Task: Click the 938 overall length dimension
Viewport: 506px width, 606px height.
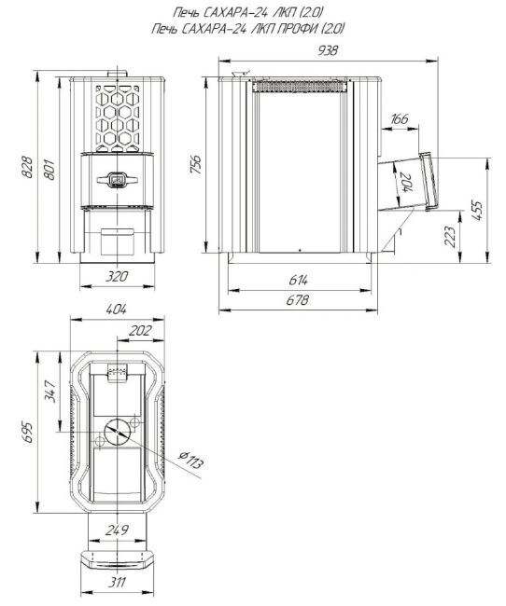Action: point(328,50)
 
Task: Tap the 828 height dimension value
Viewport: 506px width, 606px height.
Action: point(26,167)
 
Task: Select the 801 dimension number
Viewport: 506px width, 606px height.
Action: point(49,169)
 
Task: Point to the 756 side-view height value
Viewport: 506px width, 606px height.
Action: point(196,164)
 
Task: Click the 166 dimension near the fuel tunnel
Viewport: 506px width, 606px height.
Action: point(400,118)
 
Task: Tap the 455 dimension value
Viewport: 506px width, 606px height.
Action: point(479,210)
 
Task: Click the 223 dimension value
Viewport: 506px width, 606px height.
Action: point(450,236)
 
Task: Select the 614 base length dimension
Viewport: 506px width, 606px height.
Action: point(299,280)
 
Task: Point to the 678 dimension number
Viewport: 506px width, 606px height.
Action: point(298,299)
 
